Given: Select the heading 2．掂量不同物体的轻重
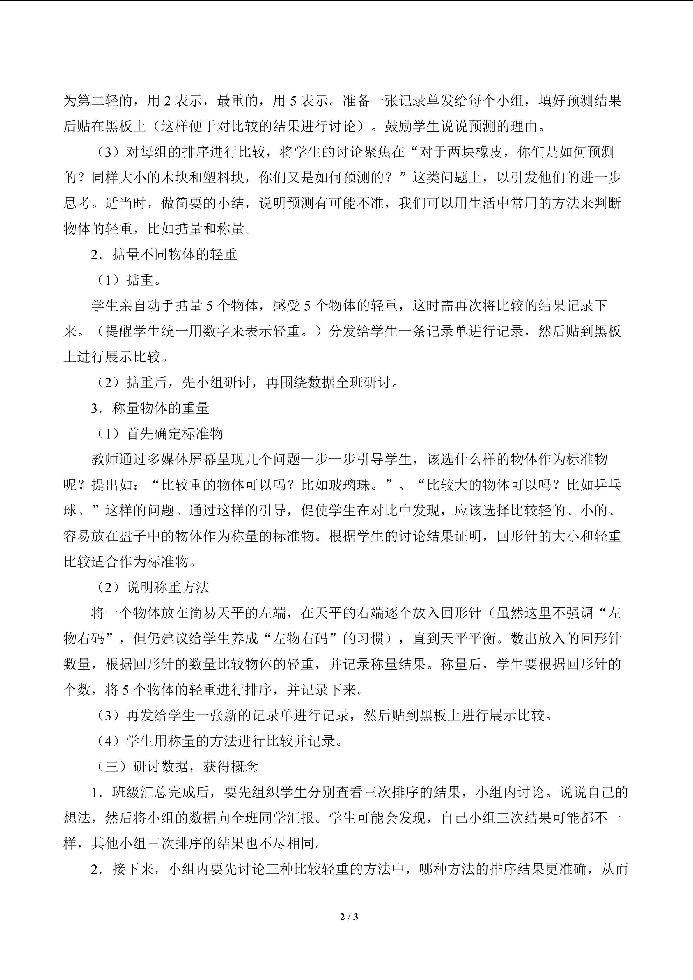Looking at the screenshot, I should pos(164,254).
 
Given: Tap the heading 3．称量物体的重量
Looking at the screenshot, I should pos(150,408).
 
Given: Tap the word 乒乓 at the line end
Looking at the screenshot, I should pos(607,485).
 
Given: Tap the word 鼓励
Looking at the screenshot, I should pos(398,126).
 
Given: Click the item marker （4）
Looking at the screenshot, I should pos(108,741).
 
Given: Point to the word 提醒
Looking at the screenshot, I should pos(119,331).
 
